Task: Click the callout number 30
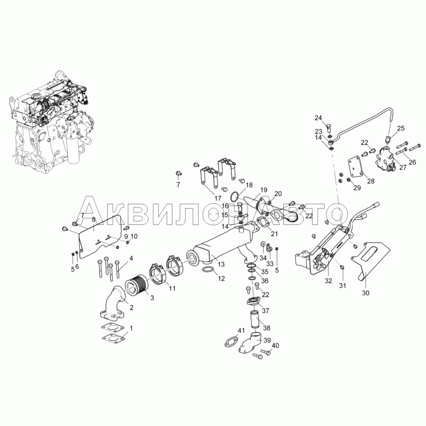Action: pyautogui.click(x=366, y=293)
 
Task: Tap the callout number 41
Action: pyautogui.click(x=241, y=330)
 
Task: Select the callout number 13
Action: pyautogui.click(x=221, y=264)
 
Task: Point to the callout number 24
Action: pyautogui.click(x=318, y=118)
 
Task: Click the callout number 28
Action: pyautogui.click(x=371, y=181)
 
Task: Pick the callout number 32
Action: pyautogui.click(x=329, y=281)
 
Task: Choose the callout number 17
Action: pyautogui.click(x=218, y=199)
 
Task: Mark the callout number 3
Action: pyautogui.click(x=152, y=298)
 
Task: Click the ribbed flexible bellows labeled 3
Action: pyautogui.click(x=136, y=286)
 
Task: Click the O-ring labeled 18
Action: pyautogui.click(x=235, y=196)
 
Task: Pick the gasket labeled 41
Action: pyautogui.click(x=231, y=341)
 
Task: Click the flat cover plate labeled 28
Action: pyautogui.click(x=356, y=169)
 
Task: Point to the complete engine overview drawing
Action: pyautogui.click(x=52, y=121)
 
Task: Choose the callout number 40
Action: pyautogui.click(x=275, y=346)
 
